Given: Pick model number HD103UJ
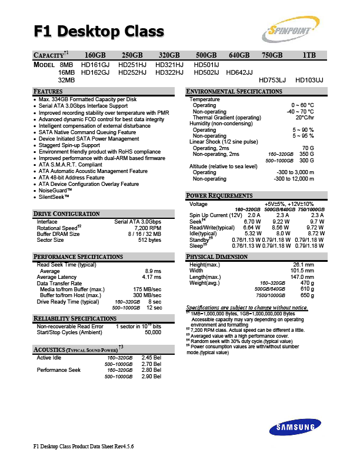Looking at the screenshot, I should (309, 79).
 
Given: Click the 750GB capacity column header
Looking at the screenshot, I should (272, 55).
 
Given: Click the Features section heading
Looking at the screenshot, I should (48, 92).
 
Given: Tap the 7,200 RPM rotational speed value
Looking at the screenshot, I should (147, 227).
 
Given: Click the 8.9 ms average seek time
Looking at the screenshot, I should (153, 271).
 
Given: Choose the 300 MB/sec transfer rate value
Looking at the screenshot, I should (147, 295).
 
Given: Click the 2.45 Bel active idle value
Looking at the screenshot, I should (152, 357).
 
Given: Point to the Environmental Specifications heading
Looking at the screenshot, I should (234, 92).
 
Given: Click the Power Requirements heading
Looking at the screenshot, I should (219, 196).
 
